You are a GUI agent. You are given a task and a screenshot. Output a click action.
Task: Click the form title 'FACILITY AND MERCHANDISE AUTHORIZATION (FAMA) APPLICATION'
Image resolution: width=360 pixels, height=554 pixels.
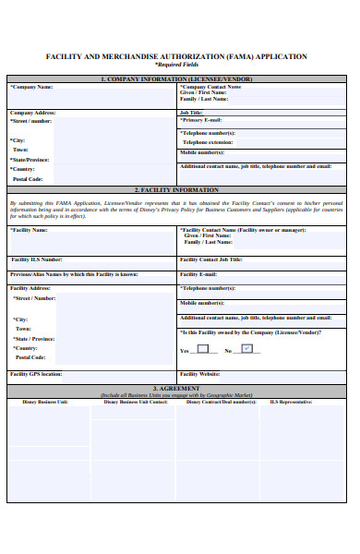tap(176, 56)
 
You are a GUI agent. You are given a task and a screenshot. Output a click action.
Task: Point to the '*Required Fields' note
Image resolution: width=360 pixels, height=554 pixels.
tap(176, 66)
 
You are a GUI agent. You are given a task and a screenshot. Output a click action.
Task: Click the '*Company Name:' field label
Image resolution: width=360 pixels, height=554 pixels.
tap(31, 87)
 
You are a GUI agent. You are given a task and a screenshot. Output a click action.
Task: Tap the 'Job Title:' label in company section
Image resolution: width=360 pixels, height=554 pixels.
tap(191, 112)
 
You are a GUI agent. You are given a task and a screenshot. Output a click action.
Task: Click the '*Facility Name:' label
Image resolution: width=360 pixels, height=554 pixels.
tap(30, 230)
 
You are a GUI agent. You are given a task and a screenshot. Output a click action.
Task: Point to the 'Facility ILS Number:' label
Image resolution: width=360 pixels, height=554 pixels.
tap(37, 259)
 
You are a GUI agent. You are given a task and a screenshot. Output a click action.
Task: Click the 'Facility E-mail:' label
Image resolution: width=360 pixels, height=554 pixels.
tap(198, 274)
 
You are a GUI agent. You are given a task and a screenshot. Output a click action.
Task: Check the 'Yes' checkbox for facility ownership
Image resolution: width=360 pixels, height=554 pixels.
tap(202, 349)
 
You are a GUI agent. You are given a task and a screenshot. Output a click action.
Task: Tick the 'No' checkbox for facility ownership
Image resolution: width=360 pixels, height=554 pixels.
tap(246, 349)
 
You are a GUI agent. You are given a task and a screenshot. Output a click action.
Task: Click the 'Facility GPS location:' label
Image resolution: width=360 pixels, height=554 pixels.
tap(36, 374)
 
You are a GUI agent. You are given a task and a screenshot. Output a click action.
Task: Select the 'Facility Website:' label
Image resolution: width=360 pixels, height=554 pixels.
tap(199, 374)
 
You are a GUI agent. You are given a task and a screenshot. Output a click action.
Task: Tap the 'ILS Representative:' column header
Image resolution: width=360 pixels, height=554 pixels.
tap(291, 402)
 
